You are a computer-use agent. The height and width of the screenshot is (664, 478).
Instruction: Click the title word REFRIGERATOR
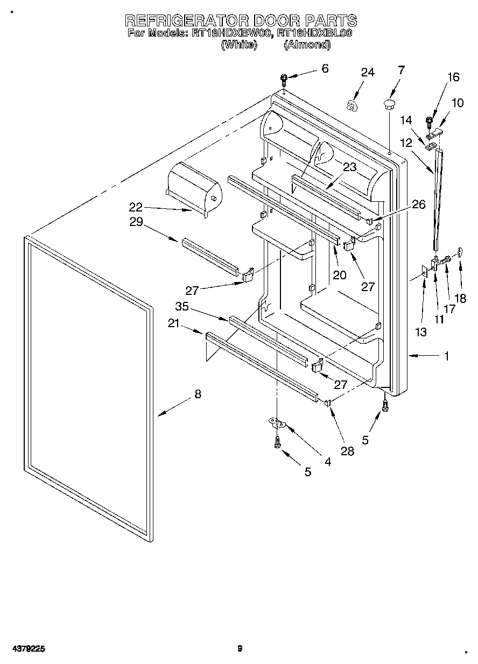(x=188, y=20)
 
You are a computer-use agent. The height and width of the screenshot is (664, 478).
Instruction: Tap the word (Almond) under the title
(x=307, y=45)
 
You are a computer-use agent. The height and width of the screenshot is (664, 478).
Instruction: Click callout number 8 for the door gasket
(x=198, y=394)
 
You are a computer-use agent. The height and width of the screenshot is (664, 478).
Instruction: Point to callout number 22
(x=136, y=206)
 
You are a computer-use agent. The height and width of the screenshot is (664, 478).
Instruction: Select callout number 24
(x=367, y=73)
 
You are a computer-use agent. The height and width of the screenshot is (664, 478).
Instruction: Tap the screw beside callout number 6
(x=284, y=81)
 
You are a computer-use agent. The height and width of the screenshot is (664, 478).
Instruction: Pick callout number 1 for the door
(x=446, y=356)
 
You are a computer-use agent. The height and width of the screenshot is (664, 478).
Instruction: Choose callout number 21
(x=173, y=322)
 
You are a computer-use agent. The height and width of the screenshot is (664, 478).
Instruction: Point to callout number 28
(x=348, y=451)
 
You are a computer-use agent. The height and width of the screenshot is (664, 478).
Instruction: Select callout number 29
(x=136, y=221)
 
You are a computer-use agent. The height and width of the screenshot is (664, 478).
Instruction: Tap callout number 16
(x=453, y=77)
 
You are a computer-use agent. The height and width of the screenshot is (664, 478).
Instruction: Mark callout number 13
(x=420, y=332)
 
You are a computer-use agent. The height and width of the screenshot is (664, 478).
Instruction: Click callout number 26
(x=418, y=204)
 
